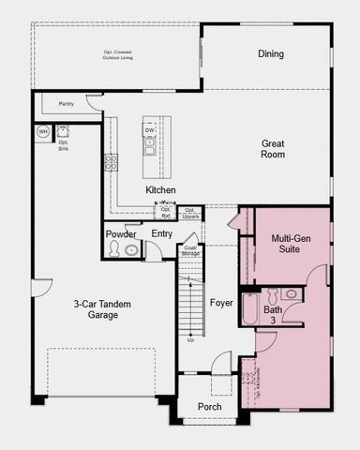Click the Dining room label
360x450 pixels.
click(271, 53)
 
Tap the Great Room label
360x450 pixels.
click(273, 148)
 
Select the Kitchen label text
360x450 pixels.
click(160, 190)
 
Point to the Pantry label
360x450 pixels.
click(66, 104)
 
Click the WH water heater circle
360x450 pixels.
click(42, 132)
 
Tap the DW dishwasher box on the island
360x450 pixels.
click(150, 130)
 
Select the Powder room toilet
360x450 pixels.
click(114, 249)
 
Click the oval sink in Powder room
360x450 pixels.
click(132, 250)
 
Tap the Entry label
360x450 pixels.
click(161, 233)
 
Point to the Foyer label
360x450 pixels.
click(221, 303)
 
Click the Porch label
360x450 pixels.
click(209, 407)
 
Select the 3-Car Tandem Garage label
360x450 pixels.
click(97, 309)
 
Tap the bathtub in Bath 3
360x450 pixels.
click(250, 309)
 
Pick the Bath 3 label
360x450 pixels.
click(273, 315)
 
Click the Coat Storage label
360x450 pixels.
click(189, 250)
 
